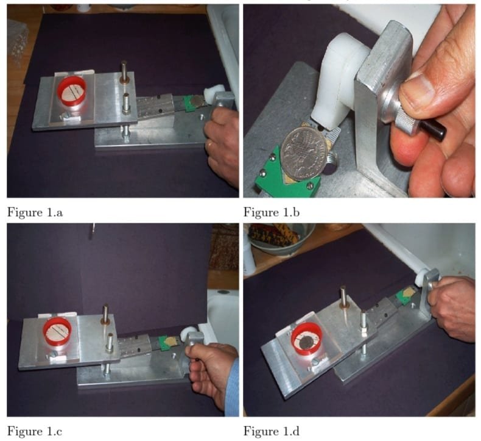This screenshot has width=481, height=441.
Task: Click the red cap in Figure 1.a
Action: click(x=71, y=91)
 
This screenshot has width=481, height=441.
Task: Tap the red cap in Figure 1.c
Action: click(x=57, y=332)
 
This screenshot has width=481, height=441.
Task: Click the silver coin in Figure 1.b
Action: click(x=304, y=153)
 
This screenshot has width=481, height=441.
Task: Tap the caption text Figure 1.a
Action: click(x=35, y=212)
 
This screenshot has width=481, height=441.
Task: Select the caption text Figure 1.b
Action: click(x=272, y=212)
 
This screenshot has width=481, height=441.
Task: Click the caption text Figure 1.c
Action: click(x=35, y=431)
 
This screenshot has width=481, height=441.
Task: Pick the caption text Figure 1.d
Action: click(x=272, y=431)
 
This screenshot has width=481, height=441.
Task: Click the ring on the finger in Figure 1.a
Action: click(x=210, y=144)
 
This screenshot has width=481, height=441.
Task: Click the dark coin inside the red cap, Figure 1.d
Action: click(x=306, y=341)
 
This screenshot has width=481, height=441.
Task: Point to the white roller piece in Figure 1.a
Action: click(x=211, y=93)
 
